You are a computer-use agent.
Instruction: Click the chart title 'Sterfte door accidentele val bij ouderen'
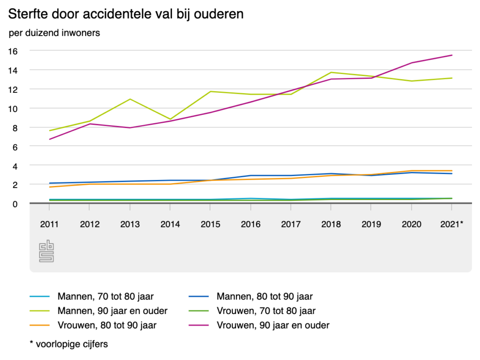point(126,14)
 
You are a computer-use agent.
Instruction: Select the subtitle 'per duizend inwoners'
point(54,33)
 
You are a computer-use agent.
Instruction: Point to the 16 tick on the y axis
point(13,50)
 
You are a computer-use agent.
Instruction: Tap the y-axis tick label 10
point(13,108)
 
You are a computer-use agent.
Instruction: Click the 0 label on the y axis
point(15,203)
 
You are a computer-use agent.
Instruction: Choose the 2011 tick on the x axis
point(50,224)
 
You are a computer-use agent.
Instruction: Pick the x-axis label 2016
point(251,224)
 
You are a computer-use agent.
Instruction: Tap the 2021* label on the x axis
point(451,224)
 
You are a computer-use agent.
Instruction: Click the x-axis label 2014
point(170,224)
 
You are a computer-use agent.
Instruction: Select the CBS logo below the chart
point(46,251)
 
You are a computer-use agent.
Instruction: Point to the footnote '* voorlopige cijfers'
point(68,344)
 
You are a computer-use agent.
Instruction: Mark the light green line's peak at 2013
point(130,99)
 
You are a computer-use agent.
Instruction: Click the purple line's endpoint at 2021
point(452,55)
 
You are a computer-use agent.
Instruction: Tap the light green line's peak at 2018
point(331,72)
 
